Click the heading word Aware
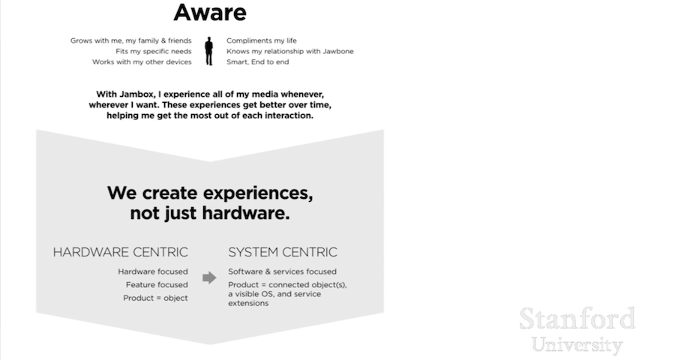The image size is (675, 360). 209,12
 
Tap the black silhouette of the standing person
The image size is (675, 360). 209,51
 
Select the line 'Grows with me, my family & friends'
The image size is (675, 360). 131,40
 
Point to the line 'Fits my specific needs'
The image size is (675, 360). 154,51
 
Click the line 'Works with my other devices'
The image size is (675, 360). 142,62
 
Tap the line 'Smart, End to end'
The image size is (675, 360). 257,62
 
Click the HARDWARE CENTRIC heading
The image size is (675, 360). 120,252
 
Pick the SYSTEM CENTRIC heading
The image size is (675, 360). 283,252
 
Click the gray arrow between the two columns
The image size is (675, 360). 209,277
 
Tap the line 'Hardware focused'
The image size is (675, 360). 153,271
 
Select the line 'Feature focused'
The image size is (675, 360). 157,285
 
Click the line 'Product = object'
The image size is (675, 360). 155,298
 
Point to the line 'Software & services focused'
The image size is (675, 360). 282,271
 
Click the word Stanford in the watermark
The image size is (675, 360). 577,319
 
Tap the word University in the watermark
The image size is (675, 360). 577,345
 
